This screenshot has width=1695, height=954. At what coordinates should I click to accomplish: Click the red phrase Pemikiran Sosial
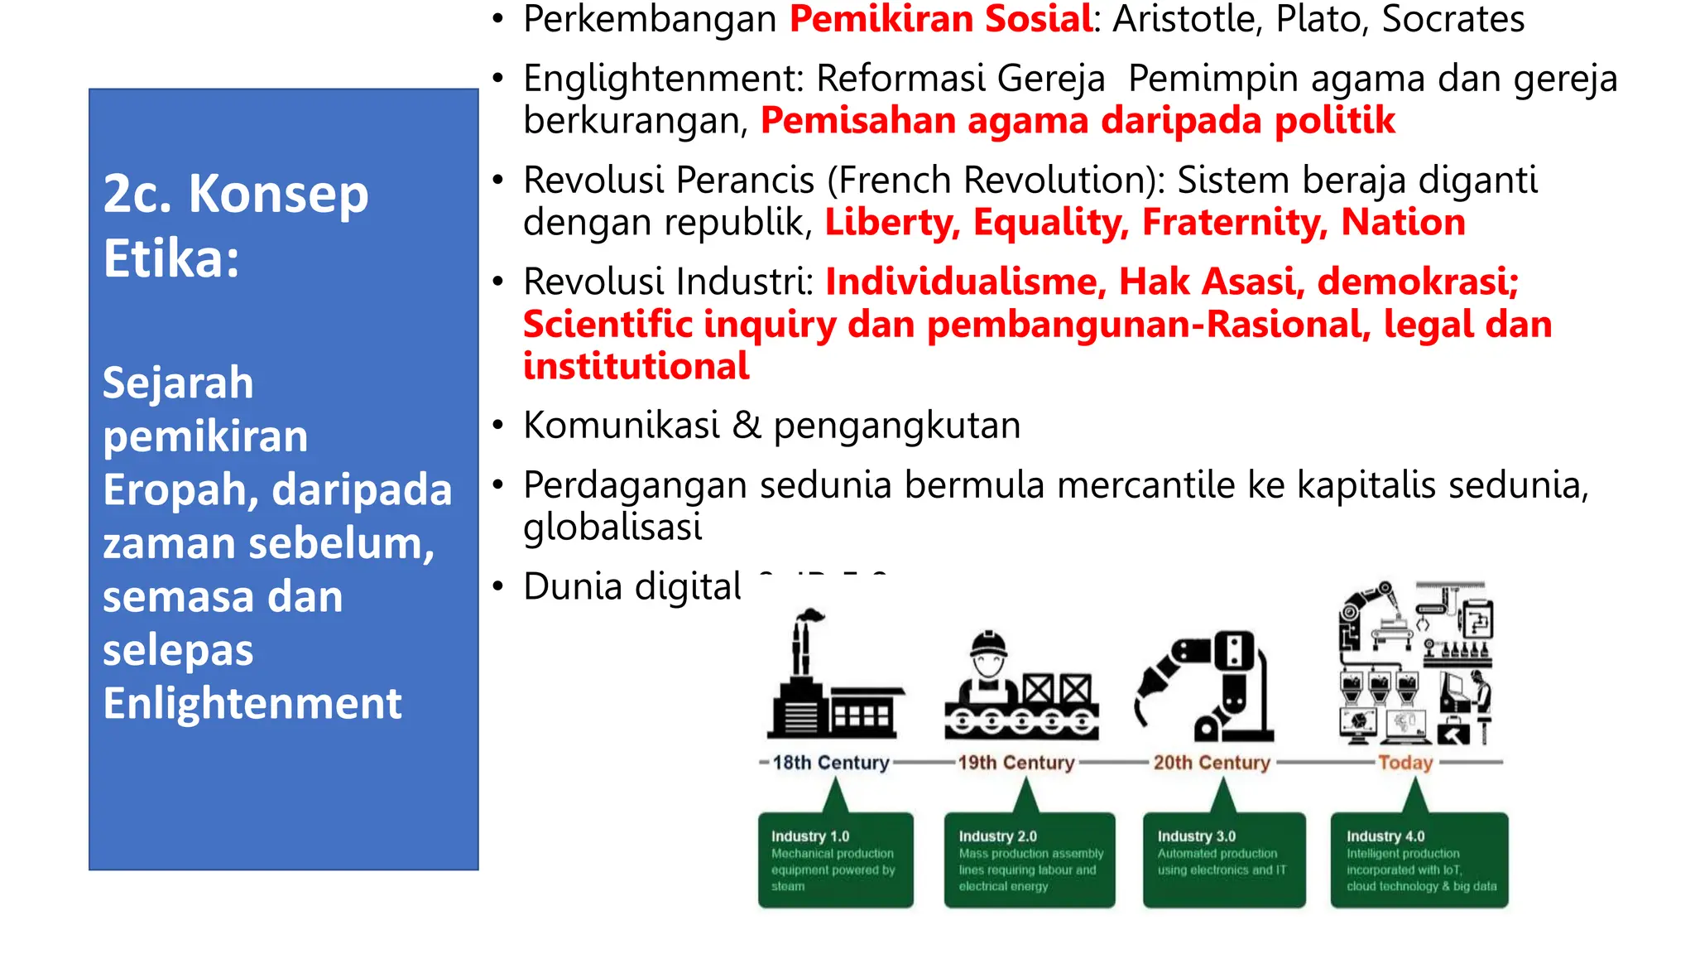940,19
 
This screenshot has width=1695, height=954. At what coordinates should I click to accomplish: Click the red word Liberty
891,222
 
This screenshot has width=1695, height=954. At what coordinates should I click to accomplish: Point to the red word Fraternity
1234,222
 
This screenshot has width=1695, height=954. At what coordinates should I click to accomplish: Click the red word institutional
636,366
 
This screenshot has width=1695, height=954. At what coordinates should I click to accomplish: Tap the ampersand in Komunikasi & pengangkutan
747,425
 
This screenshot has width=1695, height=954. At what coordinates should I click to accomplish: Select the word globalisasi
612,527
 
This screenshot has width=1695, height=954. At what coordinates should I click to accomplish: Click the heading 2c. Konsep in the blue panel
236,195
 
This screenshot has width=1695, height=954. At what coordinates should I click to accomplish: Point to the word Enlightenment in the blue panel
252,703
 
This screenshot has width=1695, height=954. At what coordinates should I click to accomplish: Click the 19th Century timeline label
1016,762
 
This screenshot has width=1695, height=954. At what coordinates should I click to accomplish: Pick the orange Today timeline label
1404,762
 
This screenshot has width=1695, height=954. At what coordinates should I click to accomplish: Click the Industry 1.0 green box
835,860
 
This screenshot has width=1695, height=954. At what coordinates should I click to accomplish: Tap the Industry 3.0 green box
1223,860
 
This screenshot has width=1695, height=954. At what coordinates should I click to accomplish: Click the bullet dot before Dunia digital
497,586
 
